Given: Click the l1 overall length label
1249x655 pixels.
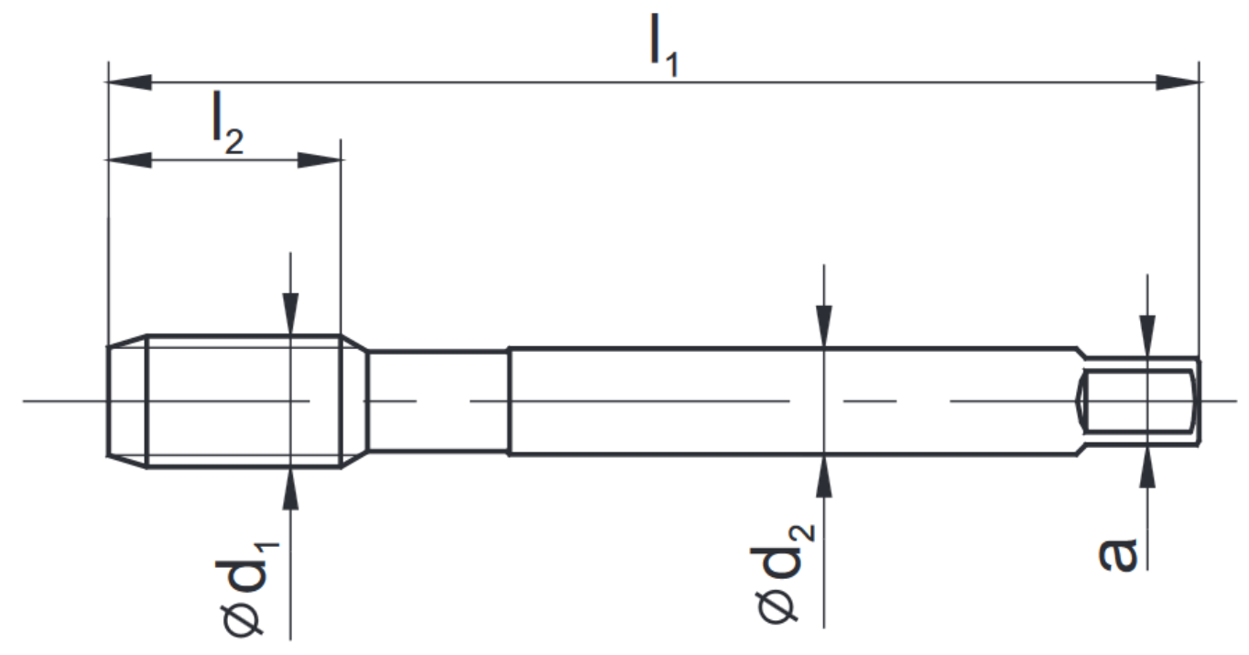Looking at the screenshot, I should [664, 54].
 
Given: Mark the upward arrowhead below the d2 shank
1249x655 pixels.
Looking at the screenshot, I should [825, 475].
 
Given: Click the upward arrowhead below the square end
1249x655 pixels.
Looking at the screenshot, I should [1146, 467].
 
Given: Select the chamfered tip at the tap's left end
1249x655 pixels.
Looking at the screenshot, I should [127, 400].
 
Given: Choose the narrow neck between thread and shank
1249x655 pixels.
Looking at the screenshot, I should [438, 401].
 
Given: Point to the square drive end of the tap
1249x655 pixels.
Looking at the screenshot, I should [1140, 401].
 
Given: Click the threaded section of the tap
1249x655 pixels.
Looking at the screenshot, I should [243, 401].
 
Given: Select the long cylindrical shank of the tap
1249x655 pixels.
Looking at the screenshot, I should [787, 401].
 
